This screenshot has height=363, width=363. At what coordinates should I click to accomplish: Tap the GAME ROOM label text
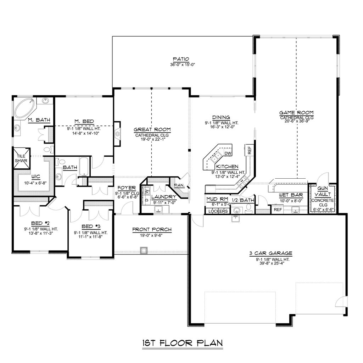pyautogui.click(x=296, y=112)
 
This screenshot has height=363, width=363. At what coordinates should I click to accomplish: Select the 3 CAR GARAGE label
pyautogui.click(x=270, y=253)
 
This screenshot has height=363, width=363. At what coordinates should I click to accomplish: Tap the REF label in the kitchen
pyautogui.click(x=250, y=150)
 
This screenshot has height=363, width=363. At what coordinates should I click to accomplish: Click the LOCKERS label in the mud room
pyautogui.click(x=218, y=211)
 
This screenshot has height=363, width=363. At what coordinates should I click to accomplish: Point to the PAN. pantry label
pyautogui.click(x=178, y=185)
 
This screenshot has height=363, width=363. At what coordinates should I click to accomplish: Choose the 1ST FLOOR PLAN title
pyautogui.click(x=182, y=343)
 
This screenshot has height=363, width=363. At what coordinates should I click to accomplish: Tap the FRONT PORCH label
pyautogui.click(x=152, y=230)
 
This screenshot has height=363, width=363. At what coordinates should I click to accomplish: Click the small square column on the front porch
pyautogui.click(x=143, y=250)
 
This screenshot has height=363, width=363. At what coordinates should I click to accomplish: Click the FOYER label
pyautogui.click(x=126, y=188)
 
